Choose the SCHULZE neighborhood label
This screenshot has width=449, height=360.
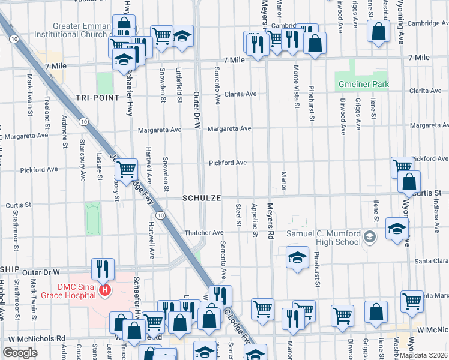point(203,198)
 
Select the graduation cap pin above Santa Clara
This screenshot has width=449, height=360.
point(297,257)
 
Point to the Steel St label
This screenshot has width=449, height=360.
point(238,215)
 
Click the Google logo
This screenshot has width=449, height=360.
point(20,353)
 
